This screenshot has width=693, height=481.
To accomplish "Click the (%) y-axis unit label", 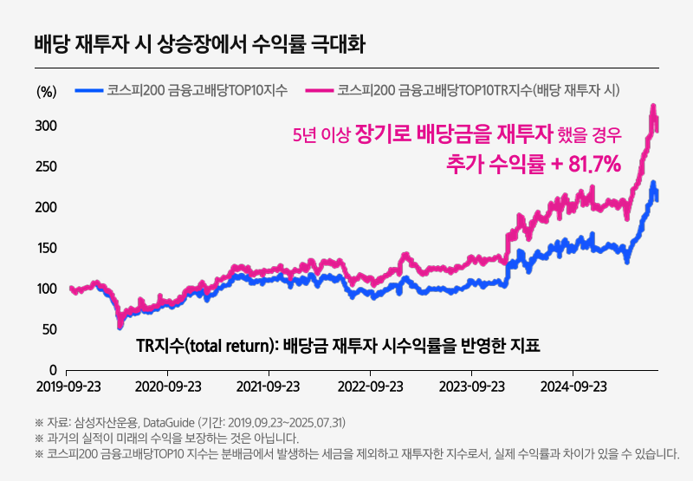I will point(46,91).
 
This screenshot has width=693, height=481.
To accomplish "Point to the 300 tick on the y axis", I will point(46,127).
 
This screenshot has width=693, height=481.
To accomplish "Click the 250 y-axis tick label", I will point(46,167).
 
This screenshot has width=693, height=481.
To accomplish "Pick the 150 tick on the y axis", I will point(46,249).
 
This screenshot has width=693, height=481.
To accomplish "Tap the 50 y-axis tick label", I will point(49,329).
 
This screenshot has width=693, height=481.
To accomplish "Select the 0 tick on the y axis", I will point(53,370).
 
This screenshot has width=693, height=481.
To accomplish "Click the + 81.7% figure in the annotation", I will point(583,163).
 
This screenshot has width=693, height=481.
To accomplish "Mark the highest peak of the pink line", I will point(651,106).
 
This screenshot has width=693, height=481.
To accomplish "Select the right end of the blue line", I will point(657,200).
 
